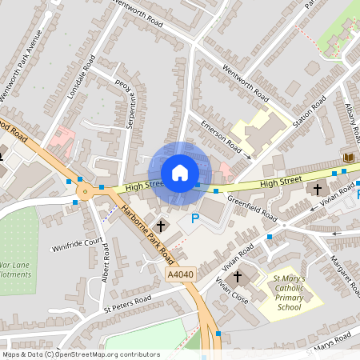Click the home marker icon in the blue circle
pyautogui.click(x=180, y=173)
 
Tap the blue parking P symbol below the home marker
pyautogui.click(x=193, y=219)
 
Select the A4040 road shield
pyautogui.click(x=181, y=275)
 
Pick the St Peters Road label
pyautogui.click(x=127, y=303)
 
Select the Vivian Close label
pyautogui.click(x=233, y=293)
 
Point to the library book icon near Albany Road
pyautogui.click(x=348, y=158)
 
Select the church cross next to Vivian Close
pyautogui.click(x=237, y=277)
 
